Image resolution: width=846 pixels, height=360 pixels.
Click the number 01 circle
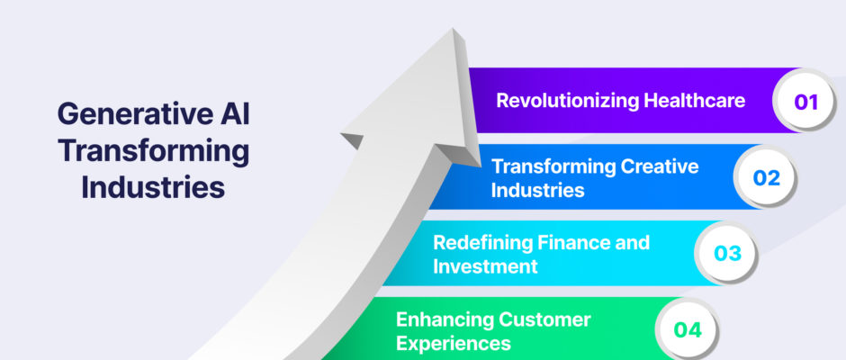point(805,101)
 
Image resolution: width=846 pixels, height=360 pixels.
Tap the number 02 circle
point(766,177)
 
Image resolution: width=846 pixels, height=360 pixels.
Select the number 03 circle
point(727,253)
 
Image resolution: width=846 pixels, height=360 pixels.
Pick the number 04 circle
point(688,329)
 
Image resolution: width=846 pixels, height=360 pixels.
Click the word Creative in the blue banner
point(660,166)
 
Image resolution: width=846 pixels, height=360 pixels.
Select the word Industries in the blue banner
point(537,190)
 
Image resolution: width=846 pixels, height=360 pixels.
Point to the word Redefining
point(481,243)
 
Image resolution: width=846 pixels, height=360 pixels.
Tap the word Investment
point(485,266)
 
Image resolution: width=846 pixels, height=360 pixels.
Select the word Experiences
point(454,344)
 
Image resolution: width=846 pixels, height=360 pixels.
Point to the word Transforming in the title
point(154,152)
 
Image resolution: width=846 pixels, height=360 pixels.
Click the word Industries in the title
point(153,188)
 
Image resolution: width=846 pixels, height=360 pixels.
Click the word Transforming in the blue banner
point(553,166)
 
